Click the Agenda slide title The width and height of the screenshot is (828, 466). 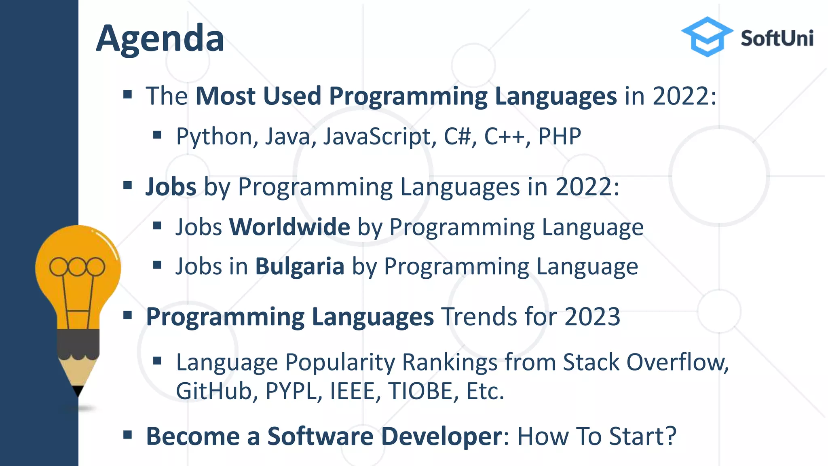coord(160,39)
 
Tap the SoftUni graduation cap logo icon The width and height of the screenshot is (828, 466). coord(707,36)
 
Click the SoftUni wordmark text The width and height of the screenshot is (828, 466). coord(777,39)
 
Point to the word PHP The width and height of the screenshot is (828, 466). coord(560,136)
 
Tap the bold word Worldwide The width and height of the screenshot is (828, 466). coord(289,227)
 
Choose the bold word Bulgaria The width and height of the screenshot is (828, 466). coord(300,267)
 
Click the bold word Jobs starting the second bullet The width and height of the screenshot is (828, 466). coord(171,187)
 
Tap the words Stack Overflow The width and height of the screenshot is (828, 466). coord(645,362)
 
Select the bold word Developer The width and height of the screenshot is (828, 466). coord(441,436)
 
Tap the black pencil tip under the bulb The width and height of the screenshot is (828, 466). coord(78,391)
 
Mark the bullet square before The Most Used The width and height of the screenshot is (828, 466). coord(128,95)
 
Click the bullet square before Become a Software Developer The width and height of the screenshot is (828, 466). coord(128,435)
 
